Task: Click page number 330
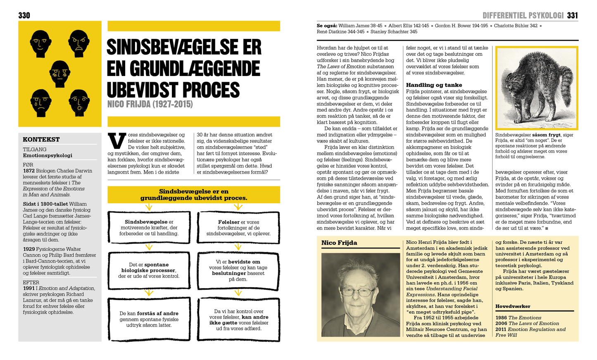(x=24, y=15)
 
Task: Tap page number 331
(x=572, y=15)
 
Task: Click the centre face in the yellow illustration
(x=60, y=73)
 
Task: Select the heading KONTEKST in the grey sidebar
(x=41, y=139)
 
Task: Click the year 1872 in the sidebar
(x=29, y=171)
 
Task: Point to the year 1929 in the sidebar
(x=29, y=249)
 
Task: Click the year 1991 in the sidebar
(x=29, y=288)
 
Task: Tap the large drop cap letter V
(x=117, y=141)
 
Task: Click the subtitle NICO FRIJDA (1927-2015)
(x=150, y=104)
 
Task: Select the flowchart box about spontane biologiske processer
(x=149, y=270)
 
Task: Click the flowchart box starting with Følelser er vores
(x=238, y=228)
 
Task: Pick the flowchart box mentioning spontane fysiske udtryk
(x=149, y=319)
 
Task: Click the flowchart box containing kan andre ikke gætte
(x=238, y=319)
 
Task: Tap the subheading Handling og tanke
(x=434, y=85)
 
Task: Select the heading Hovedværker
(x=513, y=306)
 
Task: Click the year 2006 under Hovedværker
(x=501, y=324)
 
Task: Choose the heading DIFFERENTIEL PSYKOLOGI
(x=523, y=16)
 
